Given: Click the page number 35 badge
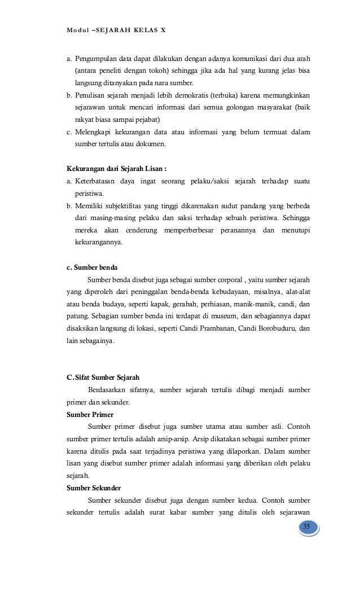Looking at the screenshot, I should [x=307, y=527].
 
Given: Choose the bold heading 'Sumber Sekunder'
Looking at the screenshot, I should [x=93, y=487].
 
